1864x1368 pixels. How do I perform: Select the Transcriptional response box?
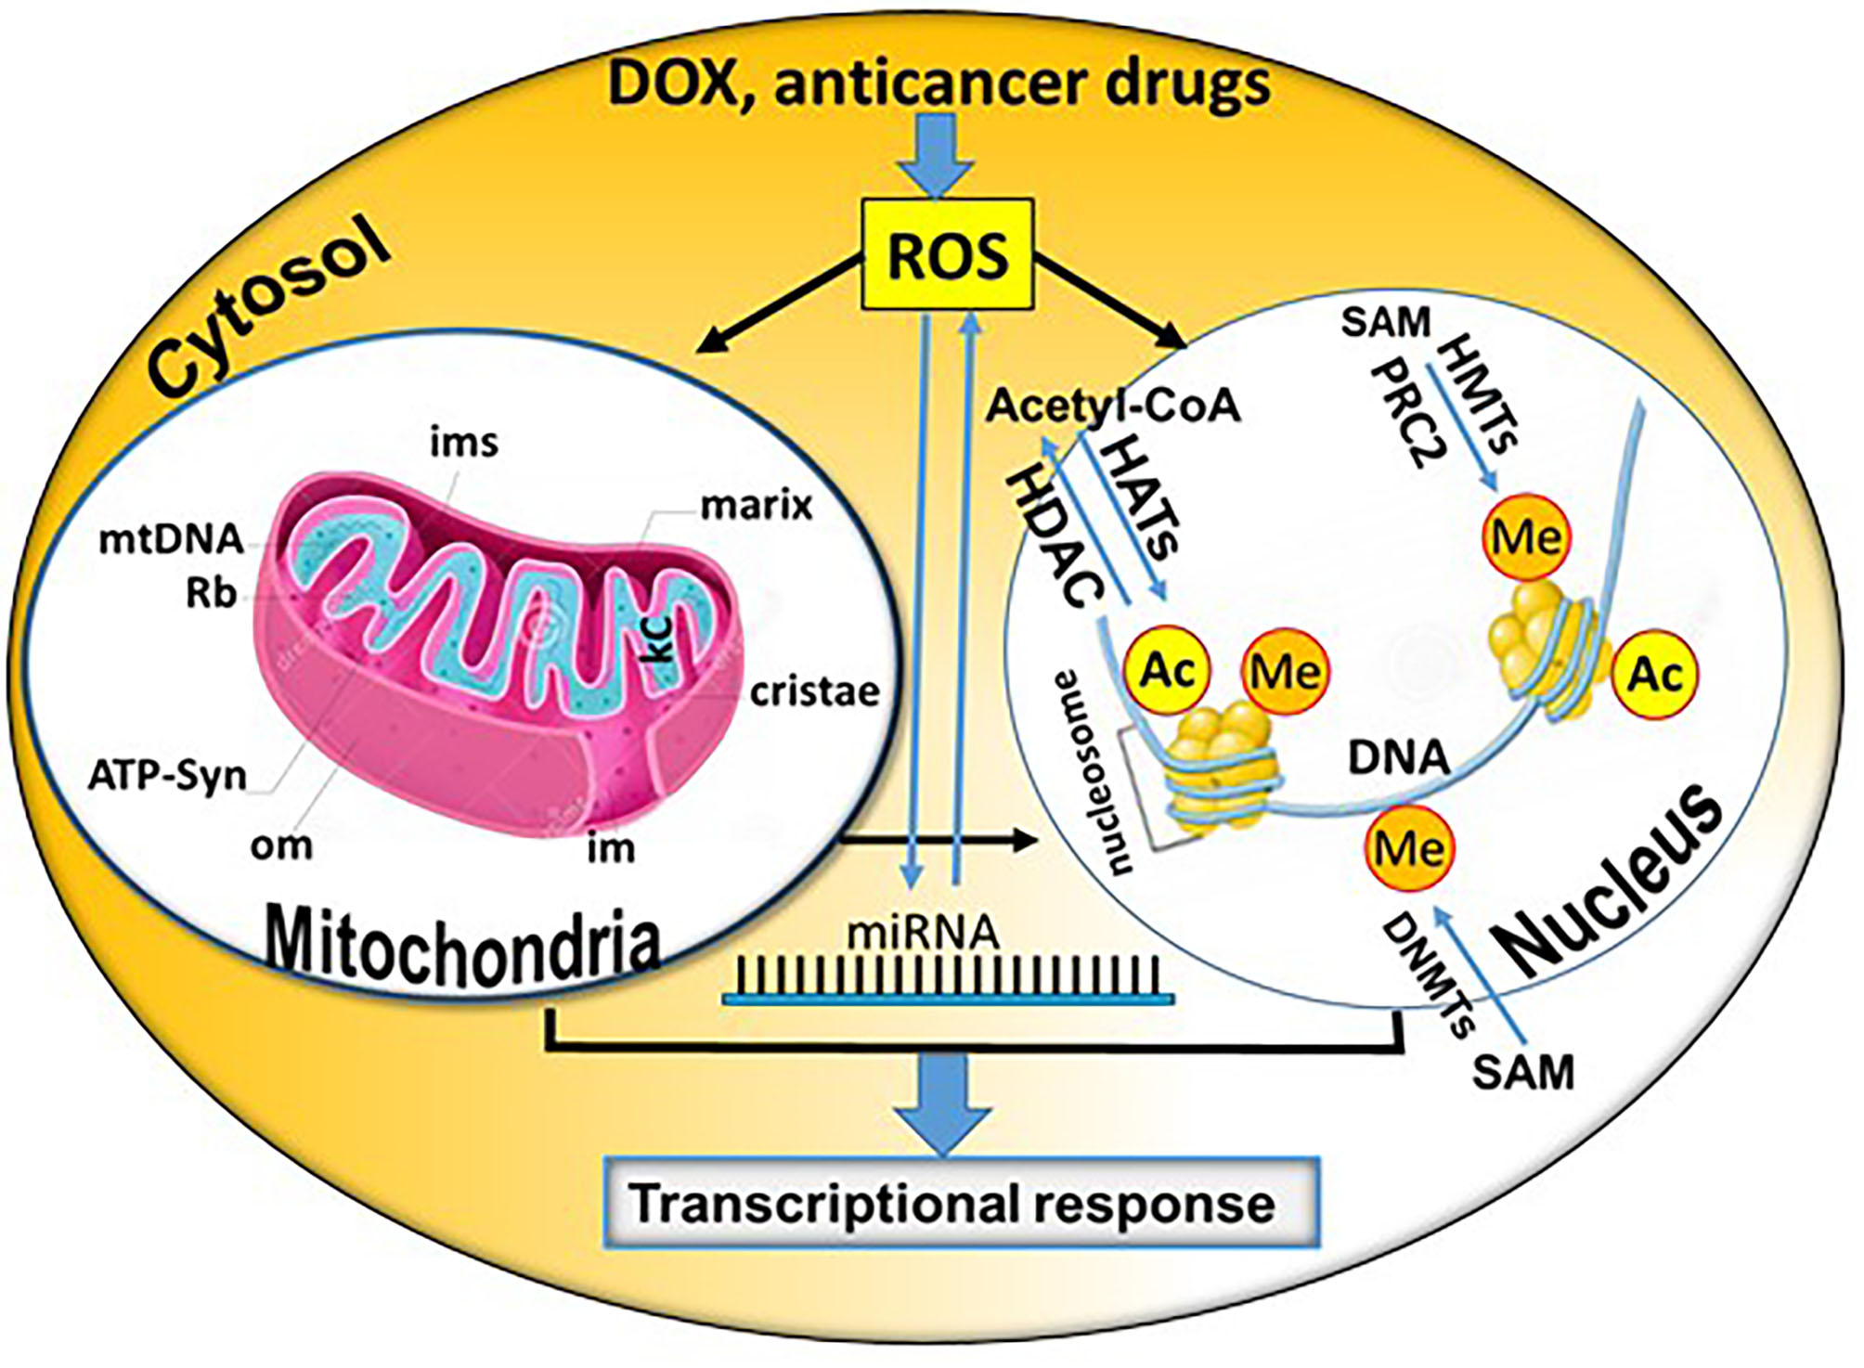[x=961, y=1203]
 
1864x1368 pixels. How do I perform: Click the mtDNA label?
[x=172, y=539]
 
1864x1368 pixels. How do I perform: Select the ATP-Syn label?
[x=168, y=775]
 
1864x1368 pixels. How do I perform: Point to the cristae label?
[x=814, y=691]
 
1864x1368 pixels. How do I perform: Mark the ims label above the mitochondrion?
[x=463, y=443]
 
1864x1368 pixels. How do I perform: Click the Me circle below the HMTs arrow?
[x=1526, y=536]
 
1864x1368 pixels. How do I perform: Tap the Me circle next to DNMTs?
[x=1409, y=848]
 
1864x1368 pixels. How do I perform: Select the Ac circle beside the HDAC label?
[x=1167, y=669]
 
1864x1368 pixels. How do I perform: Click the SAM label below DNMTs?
[x=1523, y=1073]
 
